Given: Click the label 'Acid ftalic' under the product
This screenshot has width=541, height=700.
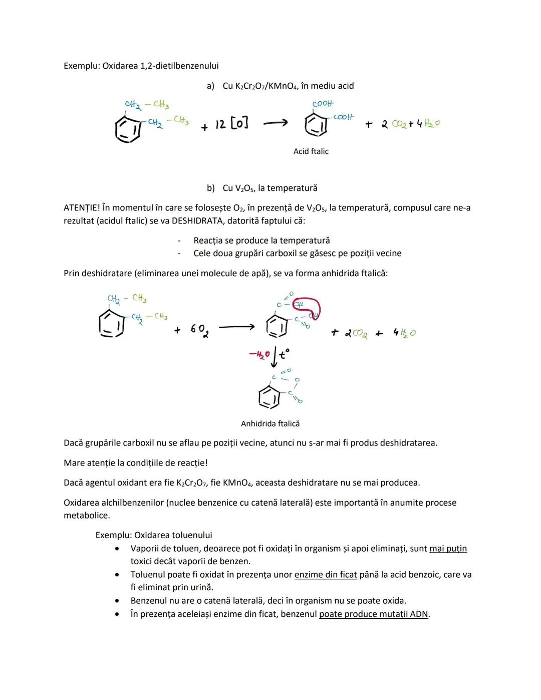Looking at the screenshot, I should pos(311,151).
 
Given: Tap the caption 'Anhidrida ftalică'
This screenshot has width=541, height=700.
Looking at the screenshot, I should pos(270,423).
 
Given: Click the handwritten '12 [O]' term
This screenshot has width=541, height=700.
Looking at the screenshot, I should pos(231,124).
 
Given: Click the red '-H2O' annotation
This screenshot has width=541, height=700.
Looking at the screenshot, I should pos(259,355).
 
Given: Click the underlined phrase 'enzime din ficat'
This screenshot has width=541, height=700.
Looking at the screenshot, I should pos(326,574).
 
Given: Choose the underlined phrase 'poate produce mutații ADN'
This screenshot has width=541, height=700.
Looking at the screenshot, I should pos(374,614).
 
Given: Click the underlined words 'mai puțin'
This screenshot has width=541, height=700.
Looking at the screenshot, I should pos(448,548).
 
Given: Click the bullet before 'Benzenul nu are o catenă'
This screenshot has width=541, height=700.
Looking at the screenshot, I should pos(117,601).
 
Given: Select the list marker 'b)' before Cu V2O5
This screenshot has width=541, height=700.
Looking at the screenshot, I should pos(211,188).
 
